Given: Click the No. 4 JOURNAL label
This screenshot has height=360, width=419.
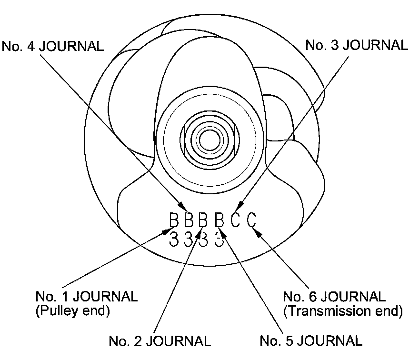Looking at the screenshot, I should (53, 46).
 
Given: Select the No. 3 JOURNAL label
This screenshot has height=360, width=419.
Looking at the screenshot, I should (356, 45).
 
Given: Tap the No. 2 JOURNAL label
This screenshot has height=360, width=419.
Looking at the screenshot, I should (160, 341).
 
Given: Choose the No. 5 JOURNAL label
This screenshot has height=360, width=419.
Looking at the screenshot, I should (311, 341).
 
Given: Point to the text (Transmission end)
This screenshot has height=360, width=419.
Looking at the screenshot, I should (343, 311).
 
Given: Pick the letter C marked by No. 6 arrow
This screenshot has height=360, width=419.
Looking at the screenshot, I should (251, 220).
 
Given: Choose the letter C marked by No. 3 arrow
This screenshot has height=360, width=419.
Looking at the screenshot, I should (235, 220).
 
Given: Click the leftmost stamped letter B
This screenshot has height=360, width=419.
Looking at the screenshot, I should (174, 220).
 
